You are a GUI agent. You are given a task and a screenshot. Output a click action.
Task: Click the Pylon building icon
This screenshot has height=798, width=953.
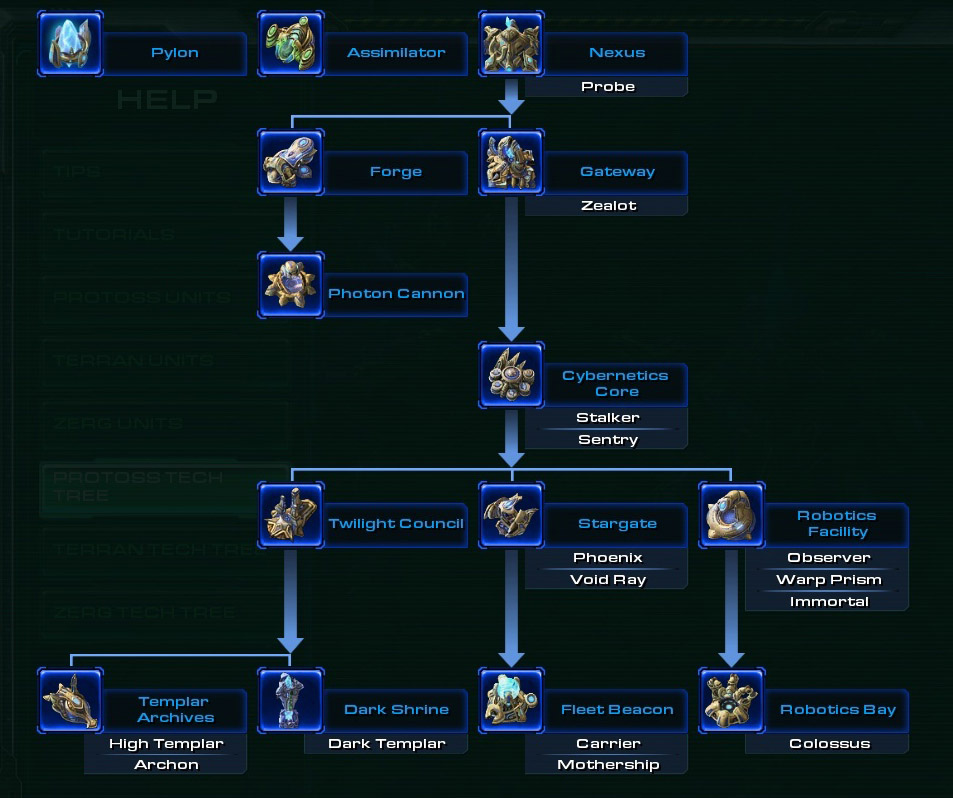tap(70, 44)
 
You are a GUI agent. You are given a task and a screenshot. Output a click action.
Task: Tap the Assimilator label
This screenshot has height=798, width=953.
tap(396, 53)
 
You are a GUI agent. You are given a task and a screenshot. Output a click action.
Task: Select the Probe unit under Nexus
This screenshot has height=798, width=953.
tap(608, 87)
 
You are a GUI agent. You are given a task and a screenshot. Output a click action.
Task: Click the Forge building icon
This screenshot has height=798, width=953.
tap(290, 162)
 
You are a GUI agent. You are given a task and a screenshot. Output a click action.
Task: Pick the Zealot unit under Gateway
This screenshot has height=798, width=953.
tap(608, 206)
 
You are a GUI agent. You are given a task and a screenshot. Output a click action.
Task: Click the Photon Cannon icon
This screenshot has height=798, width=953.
tap(290, 285)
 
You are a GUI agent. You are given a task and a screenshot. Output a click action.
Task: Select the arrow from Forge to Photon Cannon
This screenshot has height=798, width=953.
tap(290, 224)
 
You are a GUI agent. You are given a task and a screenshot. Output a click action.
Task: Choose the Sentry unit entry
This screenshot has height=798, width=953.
tap(608, 440)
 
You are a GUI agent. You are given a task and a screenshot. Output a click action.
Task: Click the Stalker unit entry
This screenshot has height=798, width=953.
tap(608, 418)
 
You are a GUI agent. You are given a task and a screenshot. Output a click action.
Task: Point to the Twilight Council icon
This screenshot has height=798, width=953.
tap(290, 516)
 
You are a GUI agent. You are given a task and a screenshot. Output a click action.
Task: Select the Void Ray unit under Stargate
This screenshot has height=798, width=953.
tap(608, 580)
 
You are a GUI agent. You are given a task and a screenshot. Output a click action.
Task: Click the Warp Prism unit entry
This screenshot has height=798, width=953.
tap(828, 580)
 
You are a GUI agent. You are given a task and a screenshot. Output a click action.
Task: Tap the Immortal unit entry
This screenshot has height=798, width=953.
tap(828, 602)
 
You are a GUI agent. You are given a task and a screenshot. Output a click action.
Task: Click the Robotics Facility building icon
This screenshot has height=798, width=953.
tap(731, 516)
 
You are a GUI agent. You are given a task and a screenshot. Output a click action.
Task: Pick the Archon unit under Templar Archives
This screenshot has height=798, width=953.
tap(166, 765)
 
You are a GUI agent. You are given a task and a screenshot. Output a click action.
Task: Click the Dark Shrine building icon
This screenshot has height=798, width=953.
tap(290, 701)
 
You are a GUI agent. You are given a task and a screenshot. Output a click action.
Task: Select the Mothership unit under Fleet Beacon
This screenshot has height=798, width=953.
tap(608, 765)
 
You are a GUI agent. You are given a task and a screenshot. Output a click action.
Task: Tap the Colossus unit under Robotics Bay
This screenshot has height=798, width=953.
tap(829, 744)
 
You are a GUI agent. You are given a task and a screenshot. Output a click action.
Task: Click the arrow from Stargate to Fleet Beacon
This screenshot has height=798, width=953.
tap(511, 610)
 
